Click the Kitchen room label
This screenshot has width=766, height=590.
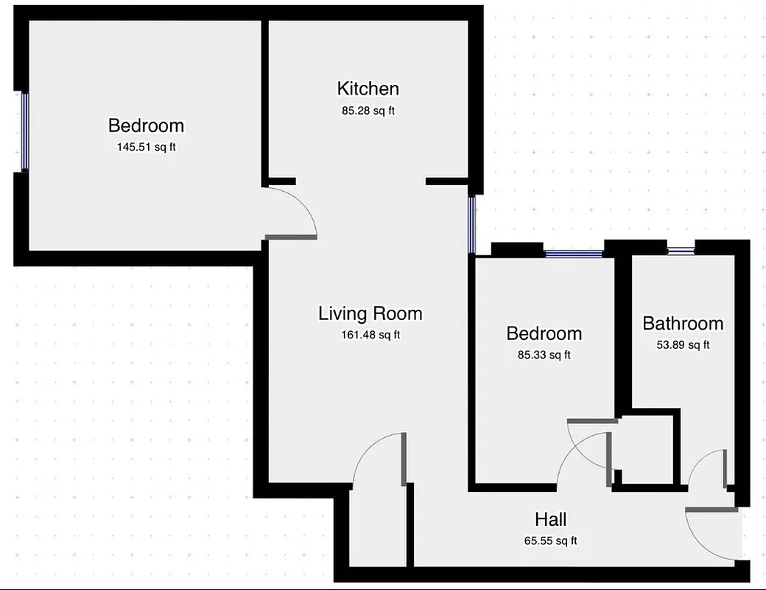click(x=368, y=89)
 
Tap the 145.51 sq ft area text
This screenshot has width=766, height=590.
click(x=146, y=147)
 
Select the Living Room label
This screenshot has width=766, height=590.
click(x=370, y=313)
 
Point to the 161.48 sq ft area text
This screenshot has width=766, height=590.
click(x=370, y=335)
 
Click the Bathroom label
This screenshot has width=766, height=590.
click(x=683, y=324)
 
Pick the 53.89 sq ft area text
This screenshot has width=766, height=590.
click(x=683, y=344)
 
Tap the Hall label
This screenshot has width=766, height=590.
click(x=550, y=520)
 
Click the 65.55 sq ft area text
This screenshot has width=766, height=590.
click(x=550, y=541)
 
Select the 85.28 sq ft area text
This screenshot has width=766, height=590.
click(x=368, y=111)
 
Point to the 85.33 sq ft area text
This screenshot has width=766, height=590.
click(x=544, y=355)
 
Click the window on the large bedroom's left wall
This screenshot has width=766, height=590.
click(x=24, y=131)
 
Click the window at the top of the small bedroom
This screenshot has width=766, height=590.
click(x=574, y=254)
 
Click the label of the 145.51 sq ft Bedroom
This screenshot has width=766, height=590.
click(x=146, y=125)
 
